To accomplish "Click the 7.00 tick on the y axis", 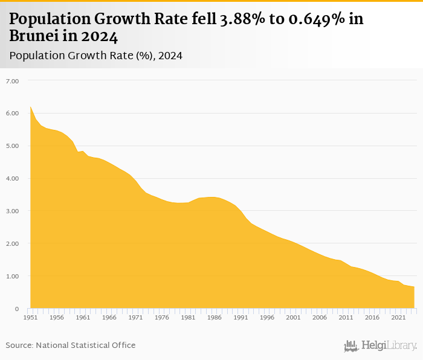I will coord(13,81).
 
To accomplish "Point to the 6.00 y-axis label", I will coord(13,114).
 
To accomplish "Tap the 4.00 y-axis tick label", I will coord(13,179).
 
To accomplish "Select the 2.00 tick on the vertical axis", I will coord(13,244).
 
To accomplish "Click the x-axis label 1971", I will coord(135,317).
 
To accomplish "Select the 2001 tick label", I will coord(293,317).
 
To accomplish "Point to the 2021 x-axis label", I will coord(398,317).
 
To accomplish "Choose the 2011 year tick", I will coord(346,317).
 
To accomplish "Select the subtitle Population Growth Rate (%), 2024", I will coord(96,56).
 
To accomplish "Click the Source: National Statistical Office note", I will coord(71,346).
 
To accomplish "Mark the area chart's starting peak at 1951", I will coord(31,107).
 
